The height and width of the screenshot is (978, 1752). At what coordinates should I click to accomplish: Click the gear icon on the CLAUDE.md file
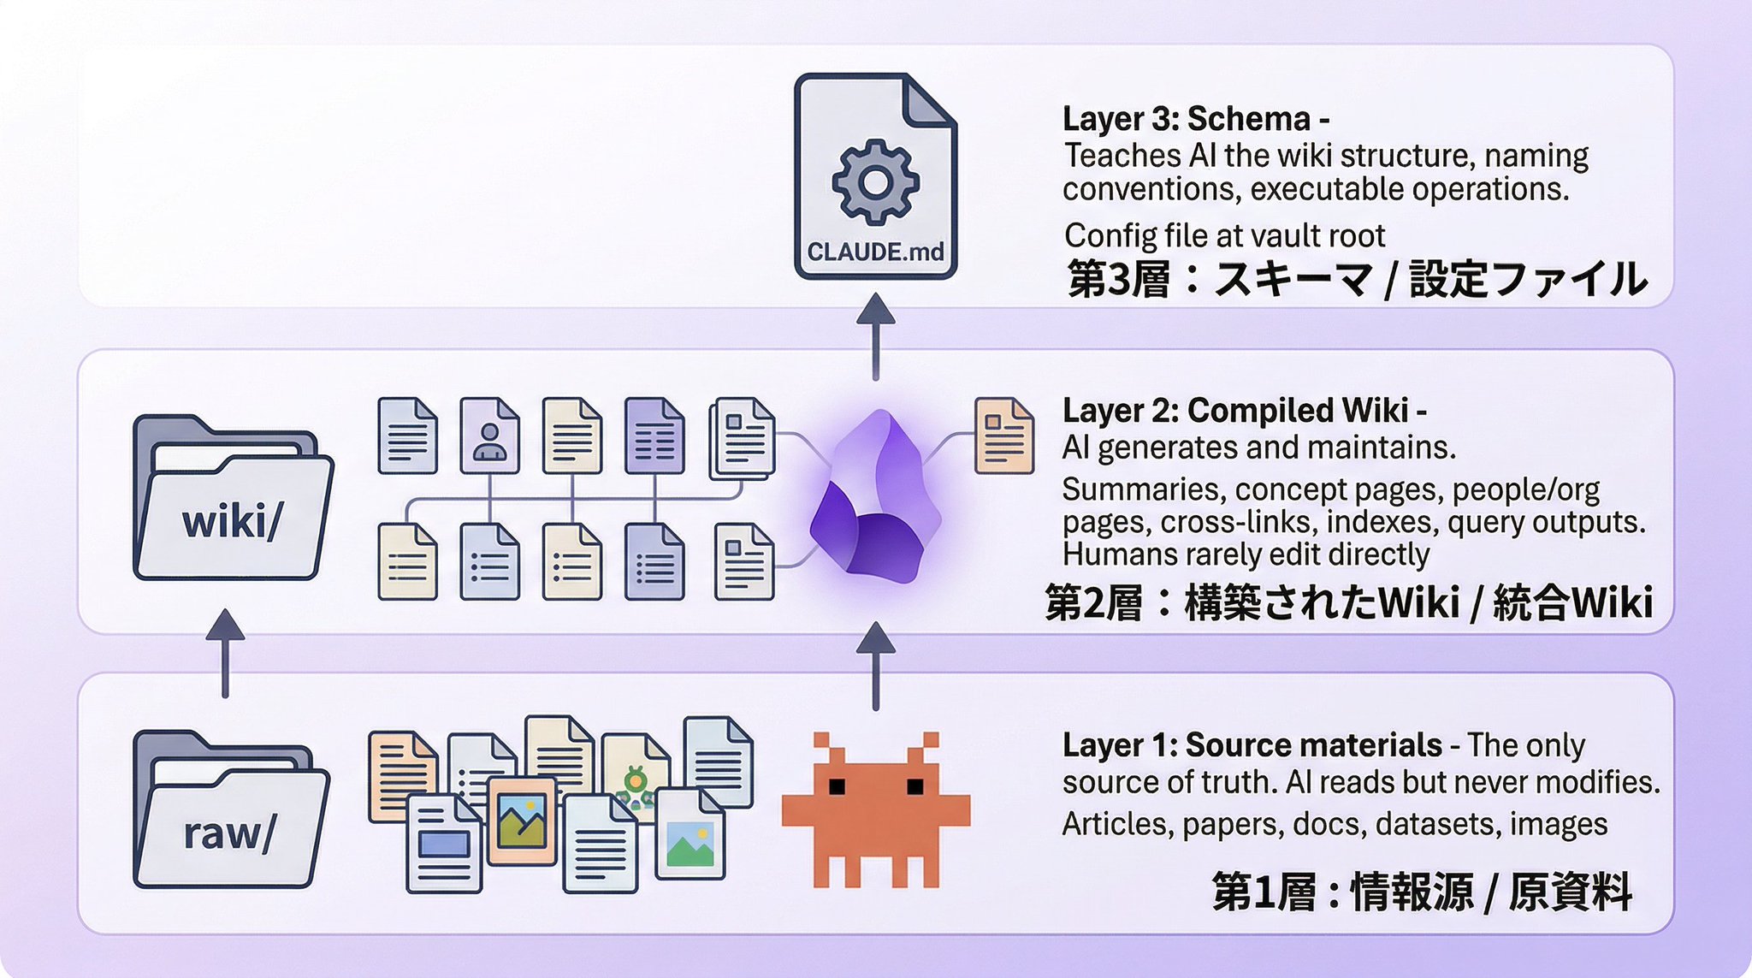tap(875, 181)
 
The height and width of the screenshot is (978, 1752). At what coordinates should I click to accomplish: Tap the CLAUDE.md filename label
tap(875, 252)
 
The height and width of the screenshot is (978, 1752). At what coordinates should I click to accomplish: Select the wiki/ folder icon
tap(233, 497)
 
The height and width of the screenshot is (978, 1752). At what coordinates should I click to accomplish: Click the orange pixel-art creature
tap(875, 809)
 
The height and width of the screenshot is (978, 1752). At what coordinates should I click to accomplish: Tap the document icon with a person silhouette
tap(489, 436)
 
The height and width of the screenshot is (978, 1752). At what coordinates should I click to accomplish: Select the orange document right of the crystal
tap(1004, 436)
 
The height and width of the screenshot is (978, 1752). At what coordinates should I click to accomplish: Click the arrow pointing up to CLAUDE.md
tap(875, 336)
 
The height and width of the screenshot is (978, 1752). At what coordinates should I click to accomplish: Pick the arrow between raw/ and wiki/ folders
tap(225, 653)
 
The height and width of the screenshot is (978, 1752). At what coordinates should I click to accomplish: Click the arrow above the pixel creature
tap(875, 666)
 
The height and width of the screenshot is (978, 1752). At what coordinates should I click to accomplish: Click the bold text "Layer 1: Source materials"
tap(1252, 745)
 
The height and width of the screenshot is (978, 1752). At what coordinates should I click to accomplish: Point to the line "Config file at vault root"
tap(1224, 235)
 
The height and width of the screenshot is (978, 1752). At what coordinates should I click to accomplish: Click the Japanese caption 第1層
tap(1264, 892)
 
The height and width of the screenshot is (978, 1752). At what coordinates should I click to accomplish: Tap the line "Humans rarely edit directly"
tap(1246, 554)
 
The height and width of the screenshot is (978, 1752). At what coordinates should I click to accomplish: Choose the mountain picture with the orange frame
tap(522, 821)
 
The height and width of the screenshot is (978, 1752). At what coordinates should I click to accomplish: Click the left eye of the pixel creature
tap(838, 785)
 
